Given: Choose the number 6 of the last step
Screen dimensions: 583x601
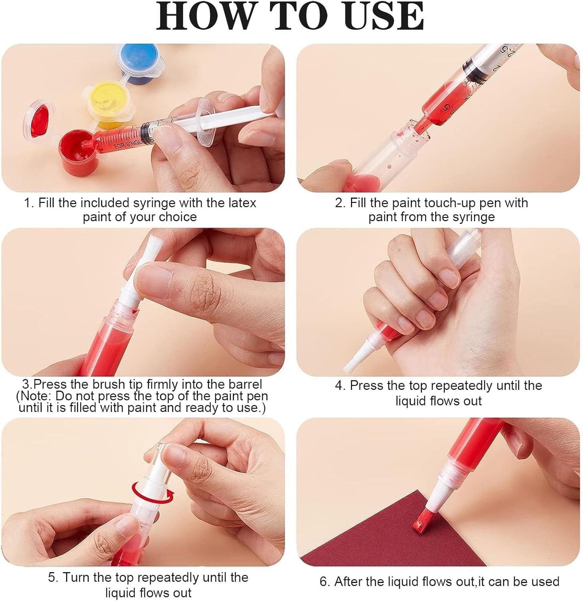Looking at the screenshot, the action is coord(324,582).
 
